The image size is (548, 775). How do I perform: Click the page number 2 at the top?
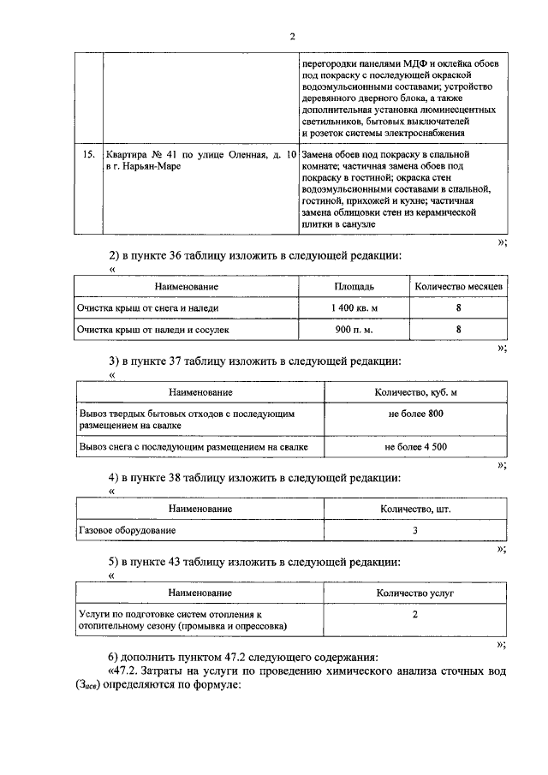292,36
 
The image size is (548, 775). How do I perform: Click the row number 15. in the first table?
86,155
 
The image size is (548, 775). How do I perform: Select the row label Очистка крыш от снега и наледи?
147,307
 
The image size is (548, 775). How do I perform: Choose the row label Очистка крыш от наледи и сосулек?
153,328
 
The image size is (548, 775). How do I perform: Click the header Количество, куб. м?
415,392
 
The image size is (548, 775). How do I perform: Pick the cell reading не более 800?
415,414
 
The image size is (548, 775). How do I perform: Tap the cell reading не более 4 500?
415,446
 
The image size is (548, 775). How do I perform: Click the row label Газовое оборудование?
127,531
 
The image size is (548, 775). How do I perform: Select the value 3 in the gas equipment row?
415,531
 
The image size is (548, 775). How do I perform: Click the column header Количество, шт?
415,510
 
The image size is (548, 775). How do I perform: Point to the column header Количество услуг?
415,593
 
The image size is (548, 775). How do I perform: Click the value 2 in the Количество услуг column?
415,615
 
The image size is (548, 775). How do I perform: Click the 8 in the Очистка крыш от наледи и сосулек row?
459,328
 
